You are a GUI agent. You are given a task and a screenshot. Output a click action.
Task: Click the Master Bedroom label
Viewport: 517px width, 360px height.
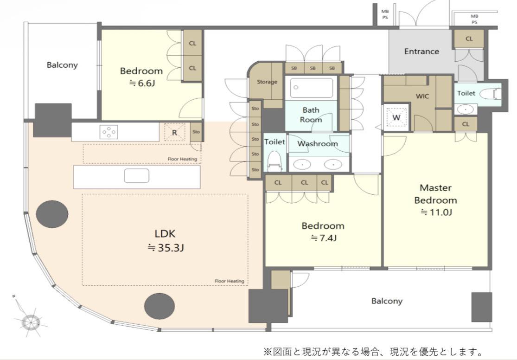(x=435, y=194)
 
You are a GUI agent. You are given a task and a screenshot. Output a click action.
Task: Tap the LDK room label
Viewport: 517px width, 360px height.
(x=165, y=234)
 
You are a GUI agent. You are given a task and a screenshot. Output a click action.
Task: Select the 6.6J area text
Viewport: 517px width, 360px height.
(x=142, y=83)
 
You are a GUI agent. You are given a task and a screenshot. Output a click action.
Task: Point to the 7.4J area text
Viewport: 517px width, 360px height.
(x=324, y=238)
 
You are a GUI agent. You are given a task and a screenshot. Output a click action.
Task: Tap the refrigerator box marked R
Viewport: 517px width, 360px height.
(x=174, y=132)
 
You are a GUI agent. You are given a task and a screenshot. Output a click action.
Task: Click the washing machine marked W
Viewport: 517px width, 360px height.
(x=396, y=117)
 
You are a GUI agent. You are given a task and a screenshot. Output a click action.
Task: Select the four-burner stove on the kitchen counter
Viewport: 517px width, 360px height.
(x=109, y=132)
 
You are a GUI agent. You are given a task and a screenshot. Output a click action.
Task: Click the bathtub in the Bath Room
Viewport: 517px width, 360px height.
(x=311, y=88)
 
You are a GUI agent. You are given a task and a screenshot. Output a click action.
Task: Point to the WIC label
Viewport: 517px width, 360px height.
(x=422, y=96)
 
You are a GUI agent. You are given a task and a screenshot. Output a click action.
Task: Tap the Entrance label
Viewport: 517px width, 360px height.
(x=421, y=51)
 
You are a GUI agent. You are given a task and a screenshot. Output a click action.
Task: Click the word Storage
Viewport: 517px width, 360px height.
(x=267, y=82)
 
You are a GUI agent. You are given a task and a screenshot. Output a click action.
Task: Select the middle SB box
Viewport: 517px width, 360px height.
(x=313, y=68)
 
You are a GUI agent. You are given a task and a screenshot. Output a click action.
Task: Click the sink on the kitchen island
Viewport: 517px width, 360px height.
(x=136, y=175)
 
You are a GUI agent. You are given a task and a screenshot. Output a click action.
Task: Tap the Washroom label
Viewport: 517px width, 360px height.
(x=318, y=143)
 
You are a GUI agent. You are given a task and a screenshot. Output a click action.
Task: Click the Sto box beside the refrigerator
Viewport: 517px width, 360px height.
(x=196, y=132)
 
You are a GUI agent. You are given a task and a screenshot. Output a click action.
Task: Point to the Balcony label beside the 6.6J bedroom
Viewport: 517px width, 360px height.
(x=62, y=65)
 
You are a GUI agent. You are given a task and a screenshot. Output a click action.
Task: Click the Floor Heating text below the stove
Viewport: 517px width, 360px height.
(x=182, y=159)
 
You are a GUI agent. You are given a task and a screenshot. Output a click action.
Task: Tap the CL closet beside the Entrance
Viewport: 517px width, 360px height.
(x=469, y=39)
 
